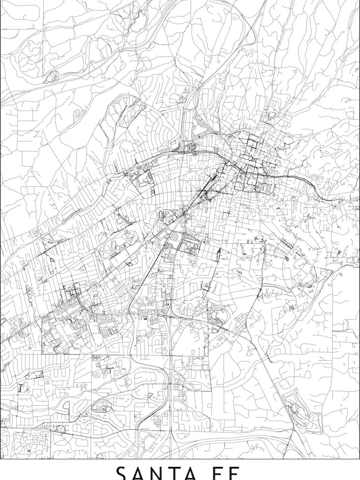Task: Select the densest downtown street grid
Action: click(x=252, y=163)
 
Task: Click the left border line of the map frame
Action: click(x=1, y=229)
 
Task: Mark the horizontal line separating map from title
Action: click(x=180, y=459)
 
